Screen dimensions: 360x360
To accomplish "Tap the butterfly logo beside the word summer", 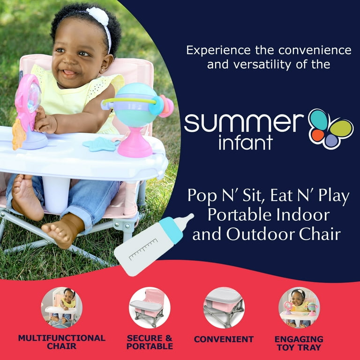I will click(x=330, y=128).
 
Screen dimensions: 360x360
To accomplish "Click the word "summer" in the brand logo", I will click(x=243, y=122).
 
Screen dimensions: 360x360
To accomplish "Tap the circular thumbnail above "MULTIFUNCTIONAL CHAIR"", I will click(x=62, y=307).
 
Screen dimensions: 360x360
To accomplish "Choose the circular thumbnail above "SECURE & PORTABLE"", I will click(x=150, y=307).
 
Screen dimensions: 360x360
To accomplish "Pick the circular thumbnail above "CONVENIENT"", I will click(x=224, y=307).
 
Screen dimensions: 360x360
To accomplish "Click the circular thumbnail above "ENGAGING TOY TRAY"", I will click(x=299, y=307).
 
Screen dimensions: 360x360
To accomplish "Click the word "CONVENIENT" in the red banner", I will click(x=224, y=339).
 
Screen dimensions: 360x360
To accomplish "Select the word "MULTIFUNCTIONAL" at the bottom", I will click(x=62, y=338).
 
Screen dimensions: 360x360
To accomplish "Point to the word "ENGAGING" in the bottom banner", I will click(x=299, y=338).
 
